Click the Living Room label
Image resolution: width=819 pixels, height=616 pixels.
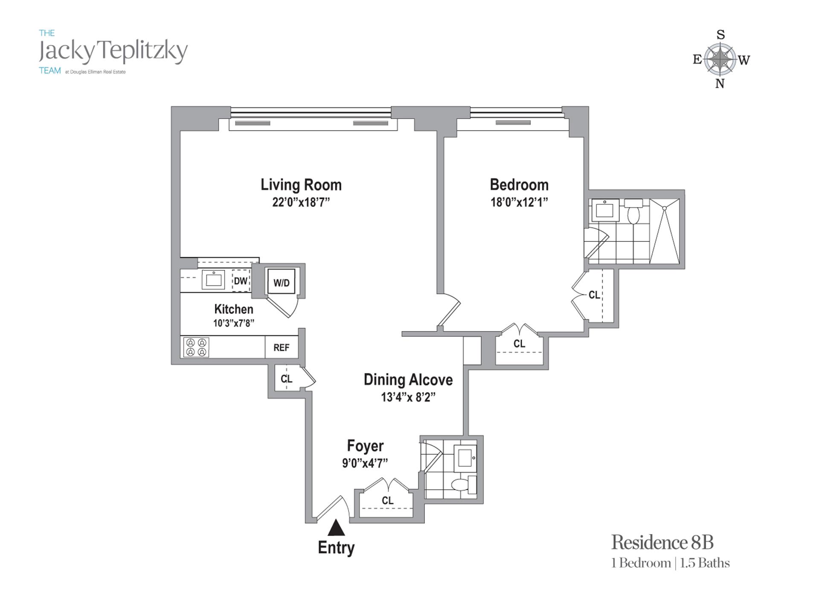(x=301, y=185)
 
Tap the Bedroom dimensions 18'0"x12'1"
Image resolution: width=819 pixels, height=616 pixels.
(x=519, y=202)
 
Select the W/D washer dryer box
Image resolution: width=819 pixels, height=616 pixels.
(x=281, y=282)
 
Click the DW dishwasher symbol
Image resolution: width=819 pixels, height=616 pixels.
(x=241, y=281)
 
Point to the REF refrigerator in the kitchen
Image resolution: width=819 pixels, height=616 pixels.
(x=281, y=348)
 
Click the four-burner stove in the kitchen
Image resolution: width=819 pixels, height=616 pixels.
(x=196, y=347)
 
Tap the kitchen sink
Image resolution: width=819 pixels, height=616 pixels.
(x=213, y=279)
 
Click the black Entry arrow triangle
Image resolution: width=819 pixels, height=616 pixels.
(x=336, y=528)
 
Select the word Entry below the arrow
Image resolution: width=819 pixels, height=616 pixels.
(x=336, y=548)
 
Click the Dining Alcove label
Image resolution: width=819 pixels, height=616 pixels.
(x=408, y=380)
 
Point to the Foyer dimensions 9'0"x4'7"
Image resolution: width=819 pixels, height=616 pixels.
(x=365, y=463)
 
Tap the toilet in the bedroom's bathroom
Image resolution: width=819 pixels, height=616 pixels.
(x=633, y=212)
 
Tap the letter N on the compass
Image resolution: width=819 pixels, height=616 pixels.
(x=720, y=84)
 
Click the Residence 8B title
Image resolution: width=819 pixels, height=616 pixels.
(x=662, y=543)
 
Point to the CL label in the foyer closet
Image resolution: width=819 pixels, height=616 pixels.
(x=387, y=500)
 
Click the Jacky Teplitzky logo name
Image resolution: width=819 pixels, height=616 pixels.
(x=113, y=51)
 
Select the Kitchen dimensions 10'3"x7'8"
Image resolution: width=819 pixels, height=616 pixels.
(x=234, y=323)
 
